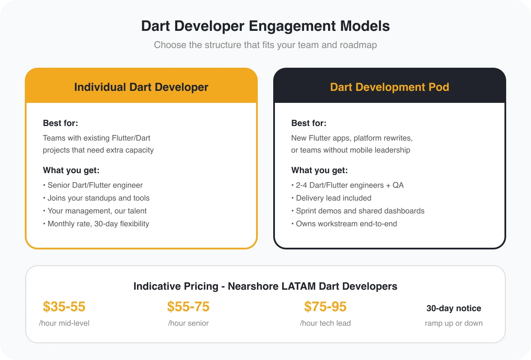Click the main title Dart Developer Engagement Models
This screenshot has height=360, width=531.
(x=265, y=26)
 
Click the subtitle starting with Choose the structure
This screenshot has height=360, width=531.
(x=265, y=45)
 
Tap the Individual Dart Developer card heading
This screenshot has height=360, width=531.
(x=141, y=87)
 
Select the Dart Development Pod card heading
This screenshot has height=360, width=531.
(x=390, y=87)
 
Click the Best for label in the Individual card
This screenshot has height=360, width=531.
(x=60, y=123)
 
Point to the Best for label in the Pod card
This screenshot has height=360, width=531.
(x=309, y=123)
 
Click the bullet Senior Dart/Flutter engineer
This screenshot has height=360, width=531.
(x=93, y=185)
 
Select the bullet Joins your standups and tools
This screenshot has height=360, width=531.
(x=96, y=198)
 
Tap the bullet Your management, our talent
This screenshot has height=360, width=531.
(x=95, y=211)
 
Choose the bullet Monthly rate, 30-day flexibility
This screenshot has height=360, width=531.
(x=96, y=224)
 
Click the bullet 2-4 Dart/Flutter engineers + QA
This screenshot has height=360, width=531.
(x=347, y=185)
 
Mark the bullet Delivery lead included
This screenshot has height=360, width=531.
(x=331, y=198)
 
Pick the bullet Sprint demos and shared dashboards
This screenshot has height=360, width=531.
(x=358, y=211)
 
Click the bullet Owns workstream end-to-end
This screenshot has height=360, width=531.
(x=344, y=224)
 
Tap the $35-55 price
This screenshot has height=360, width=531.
(x=64, y=307)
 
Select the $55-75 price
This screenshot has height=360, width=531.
(x=188, y=307)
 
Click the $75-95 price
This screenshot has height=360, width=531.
(x=325, y=307)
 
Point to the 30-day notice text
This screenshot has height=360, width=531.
(x=454, y=308)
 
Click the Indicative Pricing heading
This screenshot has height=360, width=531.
(x=265, y=286)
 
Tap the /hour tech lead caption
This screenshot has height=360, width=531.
(x=325, y=323)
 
